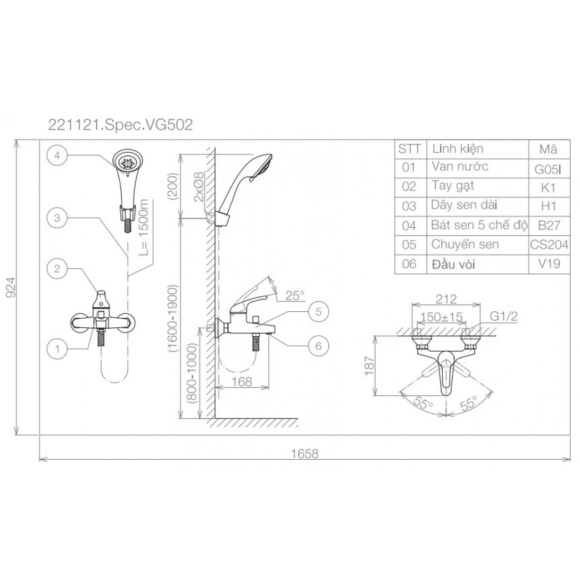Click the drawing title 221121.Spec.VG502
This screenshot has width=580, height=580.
point(121,125)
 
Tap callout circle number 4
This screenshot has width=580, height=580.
point(57,155)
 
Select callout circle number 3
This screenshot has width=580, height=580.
point(57,218)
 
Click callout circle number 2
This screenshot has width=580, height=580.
point(57,269)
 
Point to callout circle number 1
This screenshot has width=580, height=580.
point(57,349)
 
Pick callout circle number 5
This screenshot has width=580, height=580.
point(319,312)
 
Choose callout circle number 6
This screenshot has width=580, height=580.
point(319,346)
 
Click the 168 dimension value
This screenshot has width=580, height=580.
point(242,382)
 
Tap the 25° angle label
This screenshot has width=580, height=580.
point(295,295)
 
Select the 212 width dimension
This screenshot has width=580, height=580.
point(446,299)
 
